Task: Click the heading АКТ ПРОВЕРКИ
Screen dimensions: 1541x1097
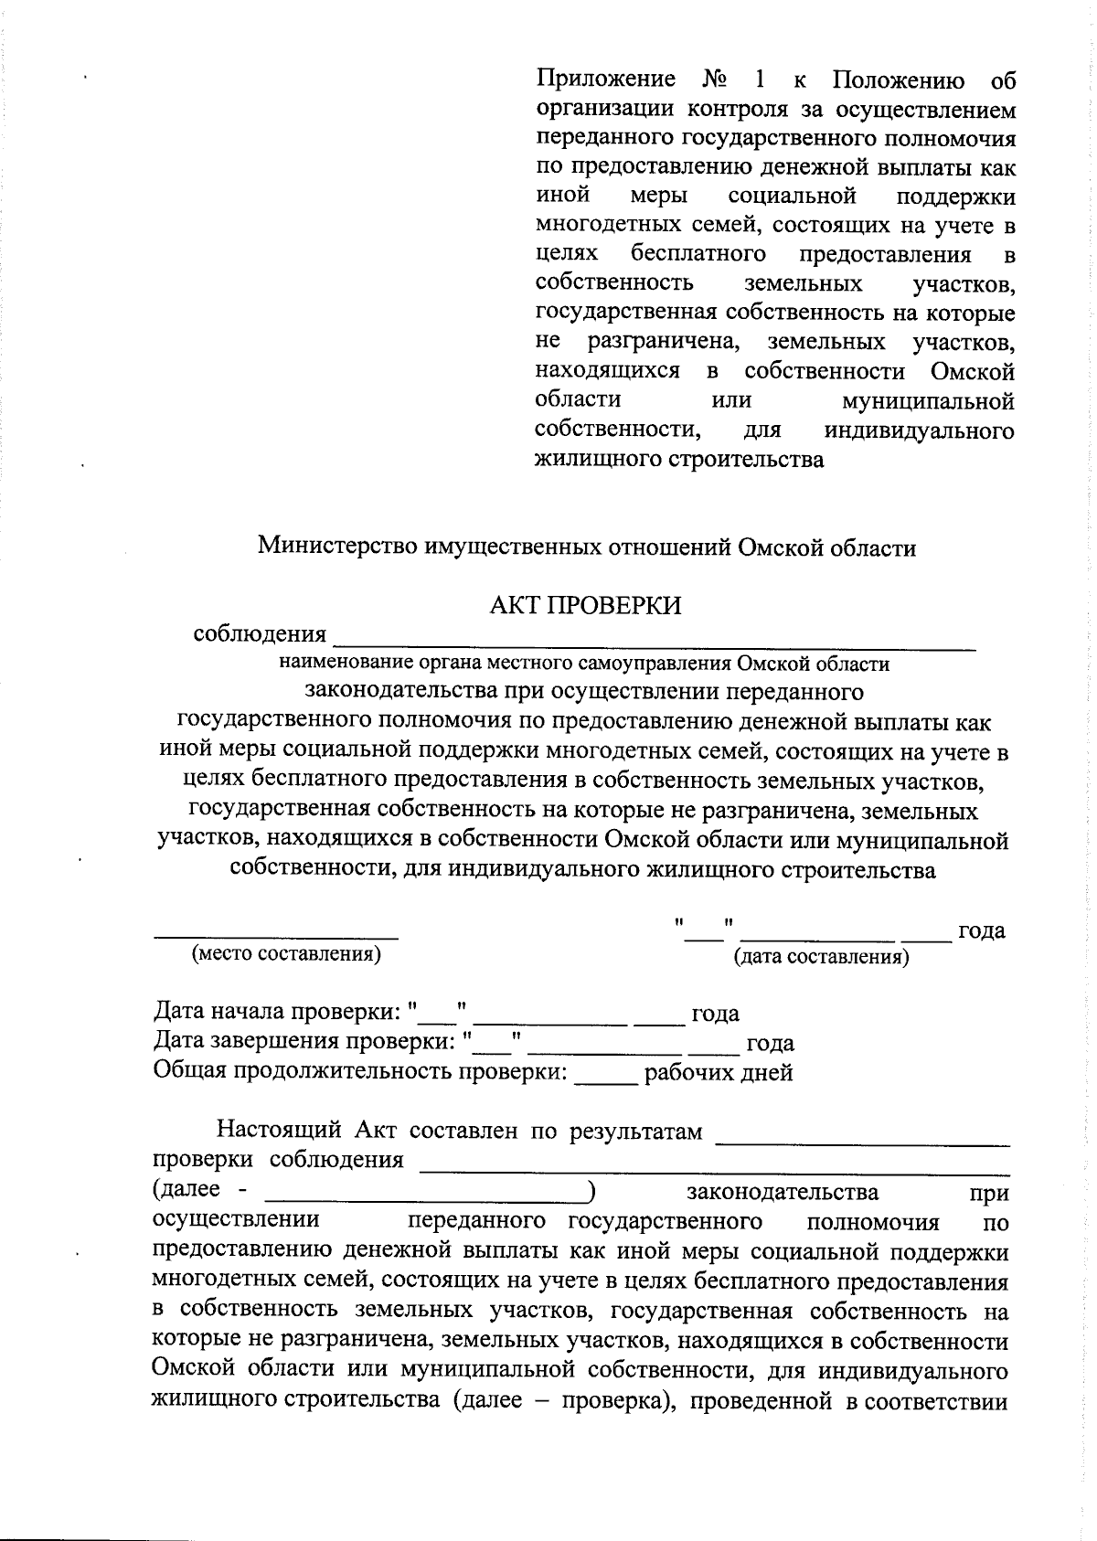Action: (585, 606)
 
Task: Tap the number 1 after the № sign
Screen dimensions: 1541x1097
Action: (762, 80)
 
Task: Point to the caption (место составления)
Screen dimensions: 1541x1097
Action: (285, 954)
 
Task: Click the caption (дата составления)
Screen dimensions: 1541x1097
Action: (822, 957)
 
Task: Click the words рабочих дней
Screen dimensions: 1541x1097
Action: (719, 1072)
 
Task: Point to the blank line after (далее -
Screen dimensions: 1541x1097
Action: (426, 1199)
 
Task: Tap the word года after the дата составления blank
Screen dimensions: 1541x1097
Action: (980, 931)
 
